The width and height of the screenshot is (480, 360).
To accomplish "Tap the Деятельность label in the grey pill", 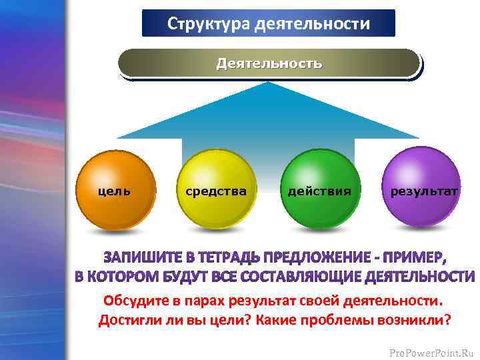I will click(269, 63).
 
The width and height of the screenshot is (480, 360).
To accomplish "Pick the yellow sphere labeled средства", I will click(215, 189).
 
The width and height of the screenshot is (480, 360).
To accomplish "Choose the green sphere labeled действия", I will click(319, 189).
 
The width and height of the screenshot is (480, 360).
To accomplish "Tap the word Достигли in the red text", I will click(127, 320).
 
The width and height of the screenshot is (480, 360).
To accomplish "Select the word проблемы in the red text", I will click(351, 320).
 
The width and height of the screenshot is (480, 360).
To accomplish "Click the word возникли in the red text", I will click(418, 320).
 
